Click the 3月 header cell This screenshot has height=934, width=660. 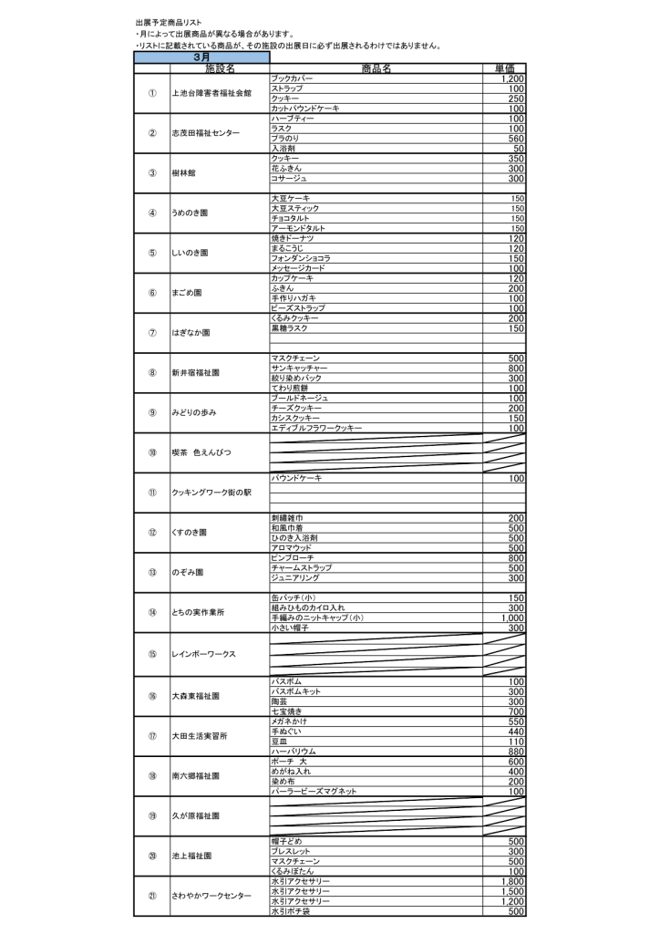coord(201,57)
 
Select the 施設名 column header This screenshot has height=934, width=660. coord(220,68)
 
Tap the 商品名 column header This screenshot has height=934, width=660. coord(376,68)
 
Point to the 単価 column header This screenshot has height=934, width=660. coord(504,68)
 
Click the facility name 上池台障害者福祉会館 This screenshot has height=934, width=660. coord(211,93)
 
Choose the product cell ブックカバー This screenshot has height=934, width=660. coord(292,79)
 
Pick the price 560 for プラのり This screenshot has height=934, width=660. coord(516,139)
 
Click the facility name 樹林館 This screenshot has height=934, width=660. coord(184,172)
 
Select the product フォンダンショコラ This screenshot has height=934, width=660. coord(301,258)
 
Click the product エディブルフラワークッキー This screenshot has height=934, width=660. coord(316,428)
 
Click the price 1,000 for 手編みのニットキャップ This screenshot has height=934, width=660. coord(511,617)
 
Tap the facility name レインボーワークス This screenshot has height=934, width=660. coord(204,654)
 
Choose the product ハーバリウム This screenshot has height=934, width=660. coord(294,752)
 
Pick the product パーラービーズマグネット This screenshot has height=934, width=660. coord(314,792)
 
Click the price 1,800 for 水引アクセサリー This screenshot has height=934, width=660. coord(511,881)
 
